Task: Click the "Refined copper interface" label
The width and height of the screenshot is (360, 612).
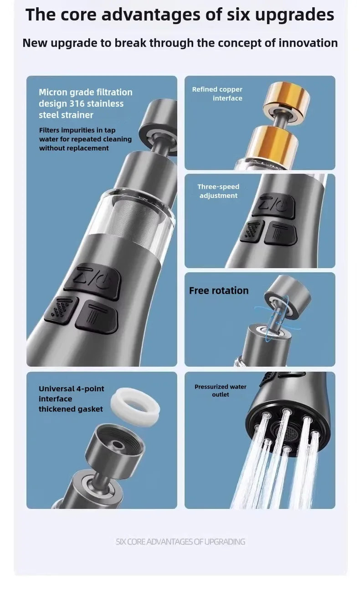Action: [x=218, y=94]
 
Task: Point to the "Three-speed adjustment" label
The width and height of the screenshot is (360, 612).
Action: [x=218, y=191]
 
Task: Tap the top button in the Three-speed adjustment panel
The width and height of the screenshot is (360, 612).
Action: [x=273, y=204]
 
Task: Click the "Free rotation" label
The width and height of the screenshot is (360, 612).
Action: [x=219, y=290]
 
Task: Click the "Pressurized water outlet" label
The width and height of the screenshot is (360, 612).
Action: [x=220, y=390]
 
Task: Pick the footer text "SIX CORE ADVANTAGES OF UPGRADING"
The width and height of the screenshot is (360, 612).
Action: [x=180, y=542]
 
